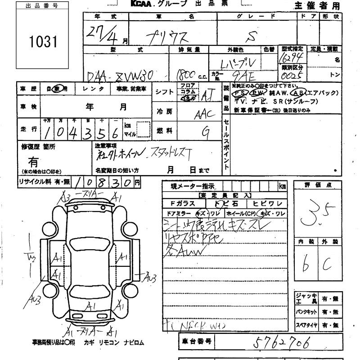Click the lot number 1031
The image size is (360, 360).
(44, 42)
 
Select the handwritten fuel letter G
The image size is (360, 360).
(206, 131)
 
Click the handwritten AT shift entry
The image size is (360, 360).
(207, 94)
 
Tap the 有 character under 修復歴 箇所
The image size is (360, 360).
(33, 161)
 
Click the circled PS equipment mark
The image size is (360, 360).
(241, 92)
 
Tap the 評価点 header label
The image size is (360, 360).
(318, 185)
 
